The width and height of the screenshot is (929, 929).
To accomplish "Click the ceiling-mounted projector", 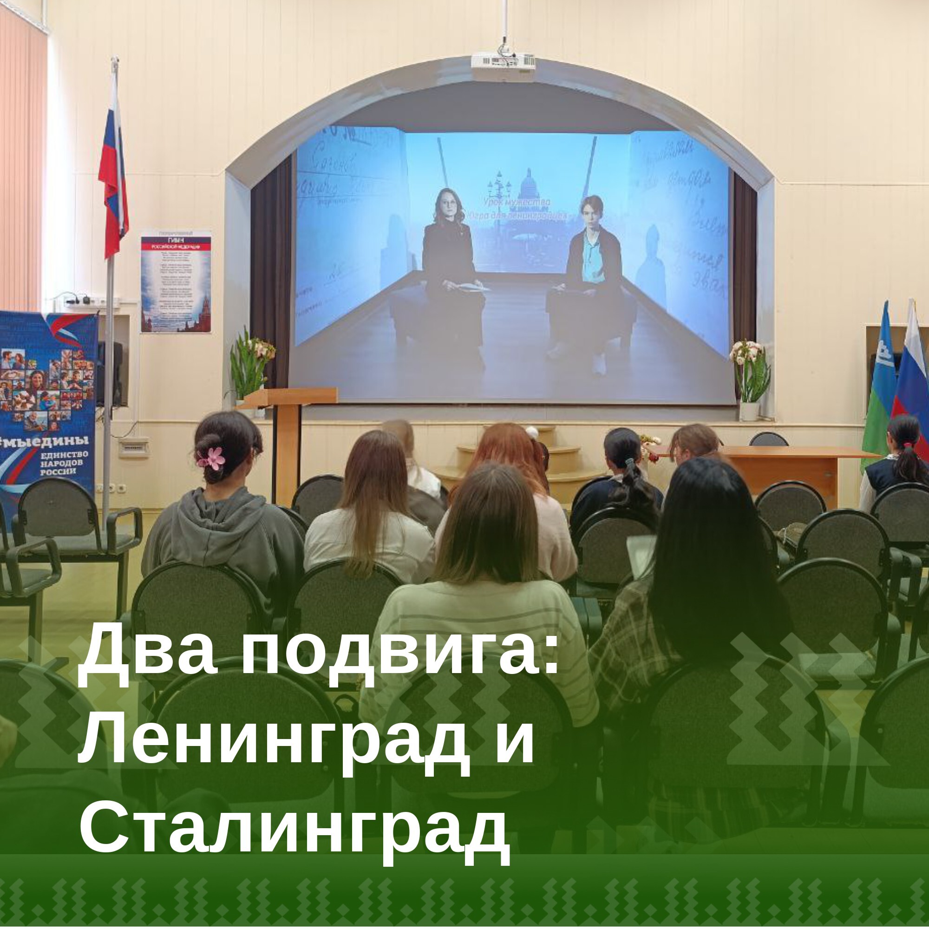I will (x=503, y=61).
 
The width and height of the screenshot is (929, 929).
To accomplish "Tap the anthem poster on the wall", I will (x=176, y=282).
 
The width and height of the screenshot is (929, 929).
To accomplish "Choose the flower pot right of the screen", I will (x=749, y=380).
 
